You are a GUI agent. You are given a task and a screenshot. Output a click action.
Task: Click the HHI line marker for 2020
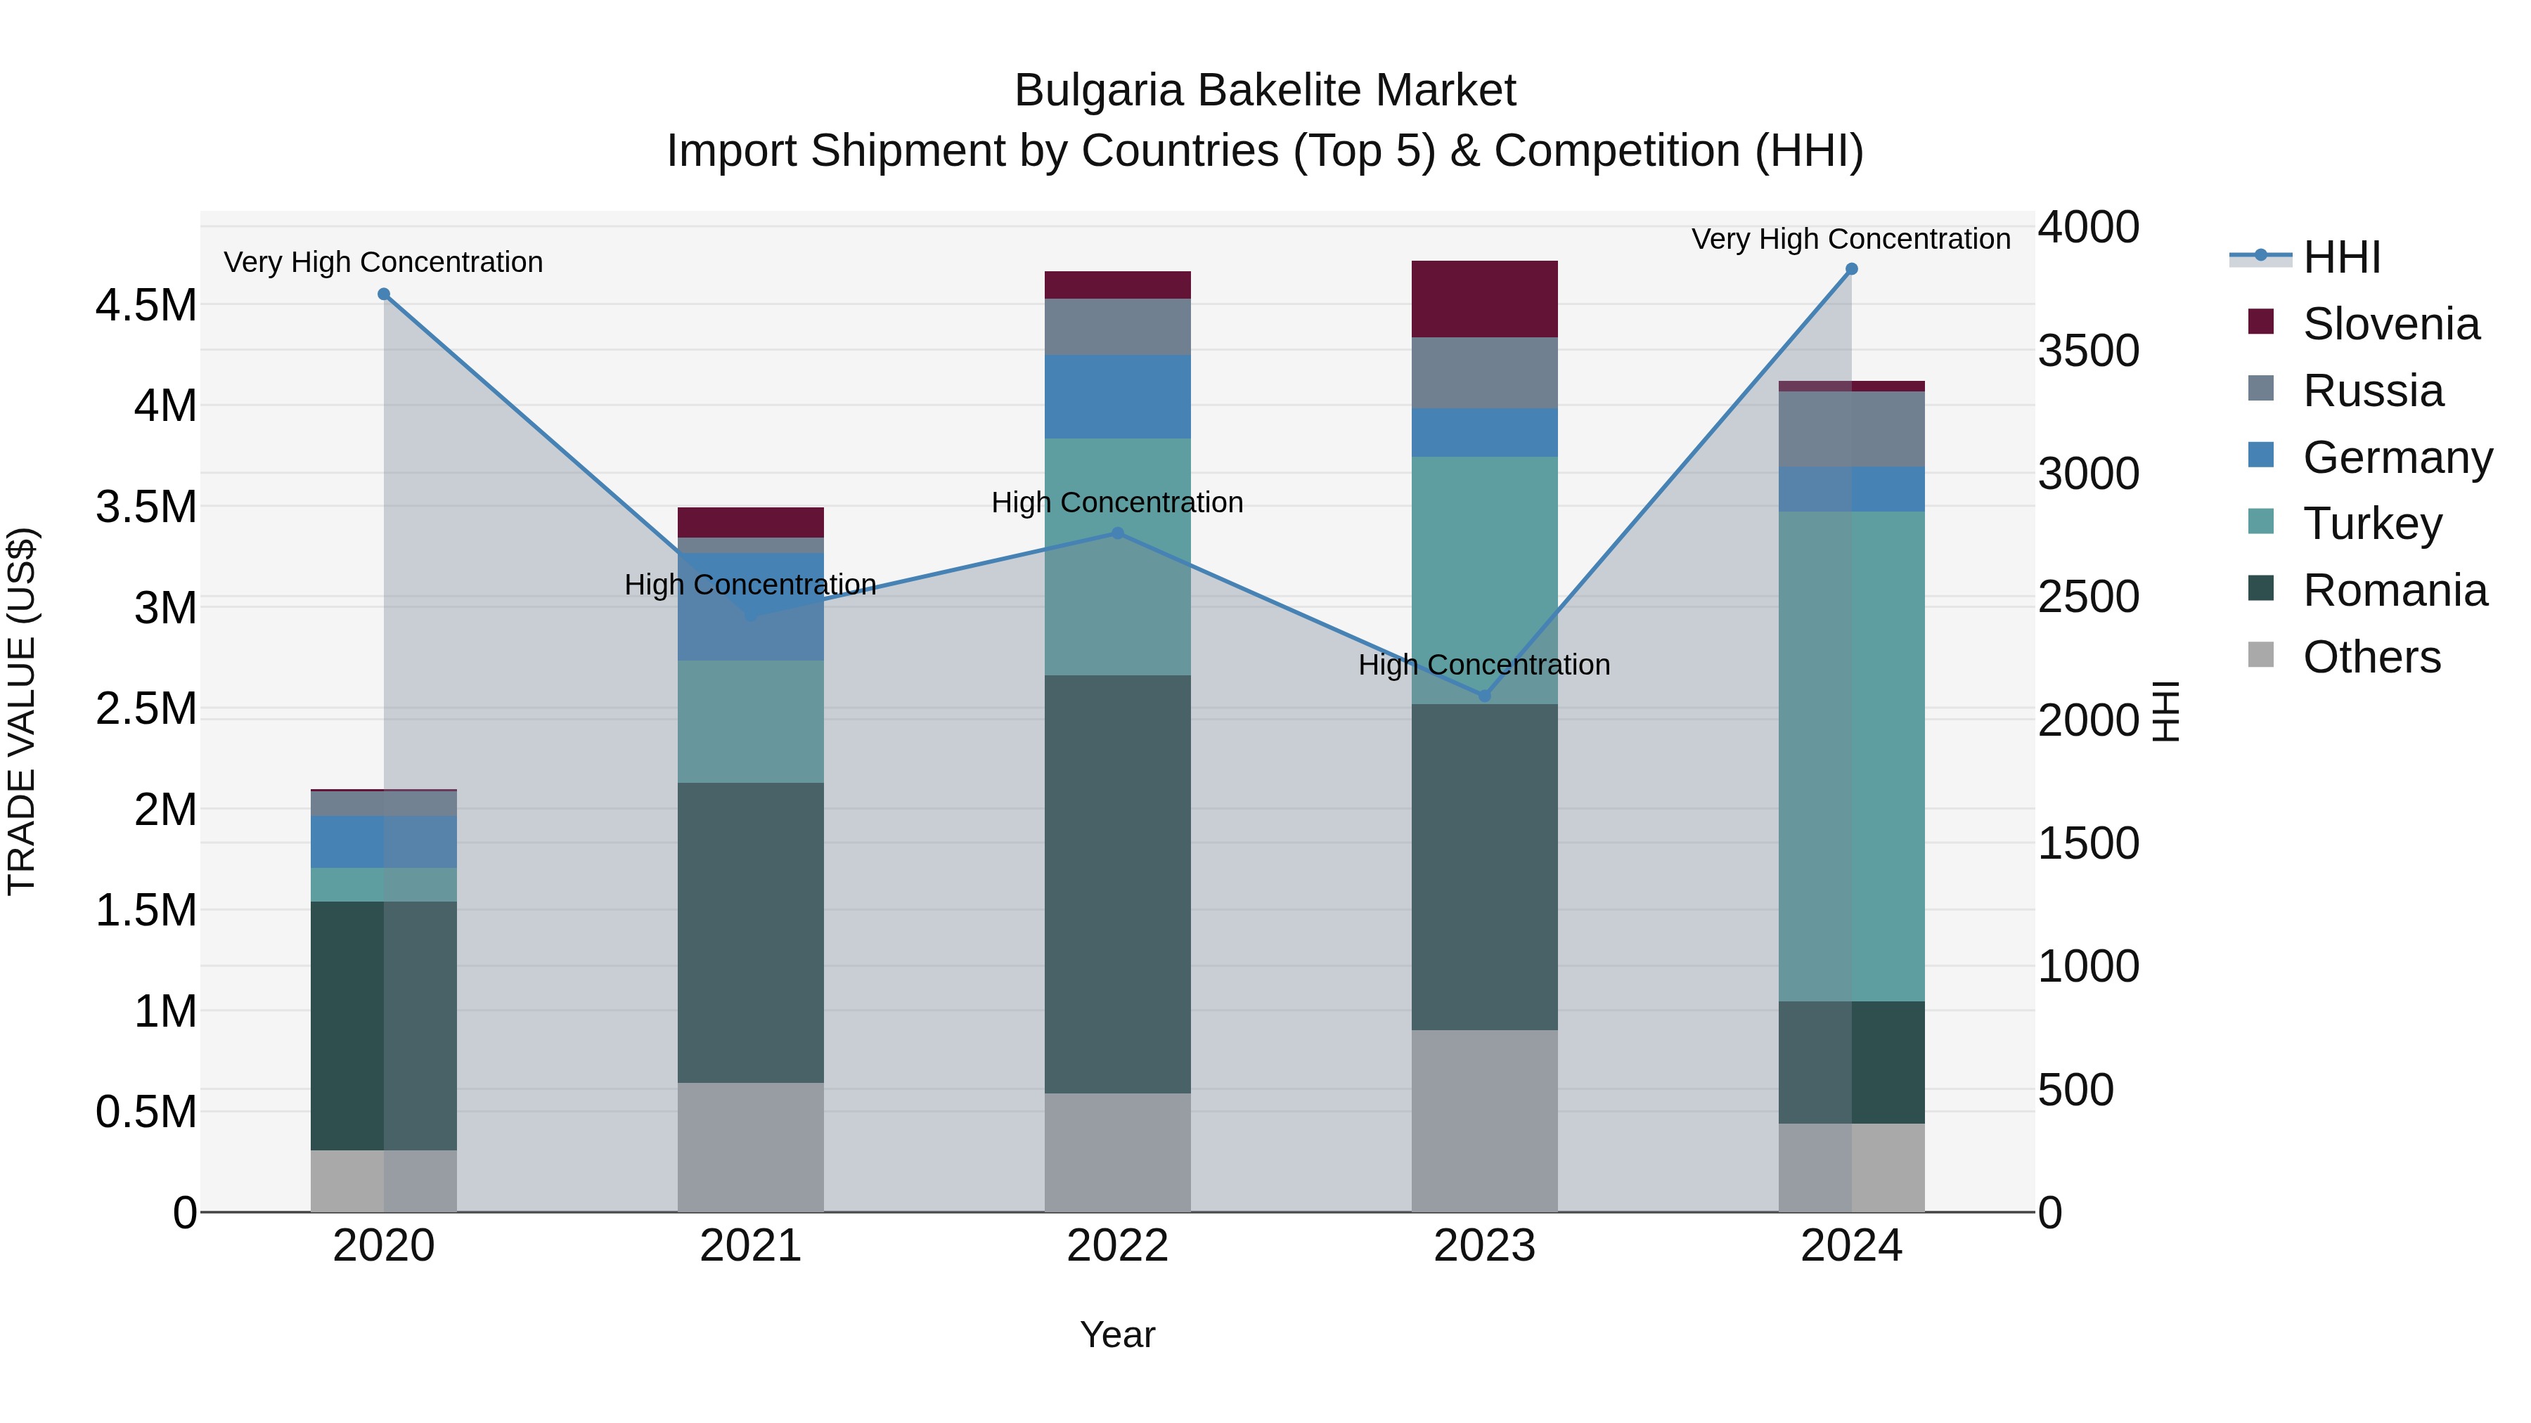point(384,294)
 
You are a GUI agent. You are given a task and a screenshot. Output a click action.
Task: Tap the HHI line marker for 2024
point(1851,269)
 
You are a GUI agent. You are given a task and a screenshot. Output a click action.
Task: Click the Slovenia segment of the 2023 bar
point(1485,299)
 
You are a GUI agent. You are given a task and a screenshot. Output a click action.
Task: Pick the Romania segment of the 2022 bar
point(1117,884)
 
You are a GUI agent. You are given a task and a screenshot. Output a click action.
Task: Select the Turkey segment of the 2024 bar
point(1851,756)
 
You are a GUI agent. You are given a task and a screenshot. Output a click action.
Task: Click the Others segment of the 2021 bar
point(751,1147)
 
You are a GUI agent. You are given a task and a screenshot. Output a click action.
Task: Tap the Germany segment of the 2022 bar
point(1117,397)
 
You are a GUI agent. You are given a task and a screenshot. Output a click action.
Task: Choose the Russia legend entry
point(2372,391)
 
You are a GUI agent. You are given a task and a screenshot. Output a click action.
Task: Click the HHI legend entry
point(2340,257)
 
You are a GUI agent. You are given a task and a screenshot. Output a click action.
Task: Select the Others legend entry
point(2370,657)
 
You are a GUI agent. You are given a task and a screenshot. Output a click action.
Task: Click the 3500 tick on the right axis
point(2088,351)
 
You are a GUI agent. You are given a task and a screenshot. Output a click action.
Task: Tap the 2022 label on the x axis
point(1117,1246)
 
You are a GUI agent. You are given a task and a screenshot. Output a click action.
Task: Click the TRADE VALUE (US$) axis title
point(22,711)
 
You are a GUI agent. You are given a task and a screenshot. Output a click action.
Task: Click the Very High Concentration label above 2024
point(1850,239)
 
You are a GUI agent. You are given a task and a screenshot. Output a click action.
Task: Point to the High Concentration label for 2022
point(1117,503)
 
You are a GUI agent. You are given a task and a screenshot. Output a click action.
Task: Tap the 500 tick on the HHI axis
point(2075,1090)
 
